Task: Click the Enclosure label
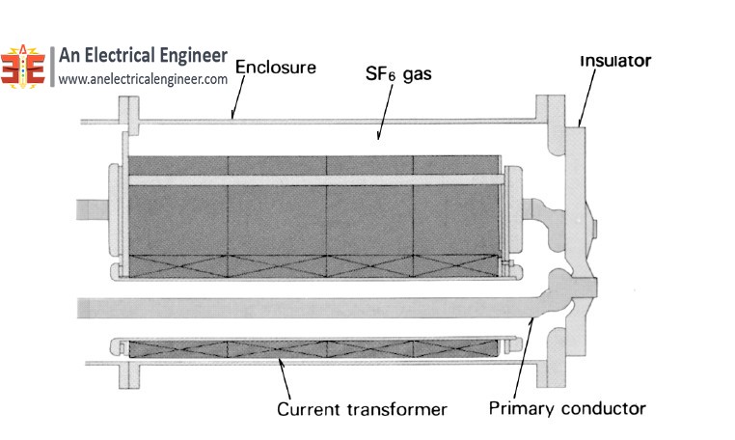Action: [x=275, y=69]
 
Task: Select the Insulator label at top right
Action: [x=614, y=61]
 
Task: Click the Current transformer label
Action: [x=362, y=409]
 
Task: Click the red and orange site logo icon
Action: [x=23, y=67]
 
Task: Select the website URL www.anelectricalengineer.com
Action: [x=143, y=80]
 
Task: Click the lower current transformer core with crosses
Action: [x=314, y=348]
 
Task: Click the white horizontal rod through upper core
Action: [x=314, y=180]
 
